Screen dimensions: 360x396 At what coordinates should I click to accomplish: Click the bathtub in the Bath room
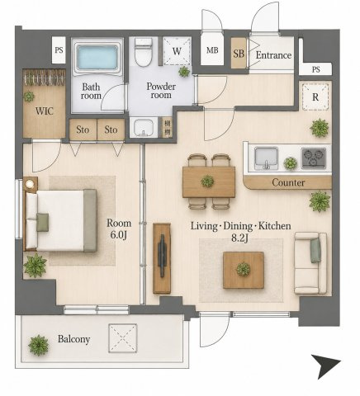(97, 57)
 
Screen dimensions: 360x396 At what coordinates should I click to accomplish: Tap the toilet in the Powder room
(144, 52)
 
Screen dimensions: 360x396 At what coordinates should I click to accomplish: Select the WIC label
(45, 111)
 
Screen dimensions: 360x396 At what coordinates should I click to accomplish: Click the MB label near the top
(212, 50)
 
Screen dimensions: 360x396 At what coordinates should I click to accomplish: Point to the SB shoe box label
(239, 54)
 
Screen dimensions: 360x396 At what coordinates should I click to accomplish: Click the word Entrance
(273, 55)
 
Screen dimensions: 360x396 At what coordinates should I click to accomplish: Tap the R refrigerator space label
(315, 97)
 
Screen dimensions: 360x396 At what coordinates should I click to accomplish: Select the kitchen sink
(266, 158)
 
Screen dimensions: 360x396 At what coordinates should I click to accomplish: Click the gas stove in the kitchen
(314, 158)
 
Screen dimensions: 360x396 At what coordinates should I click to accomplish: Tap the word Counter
(288, 182)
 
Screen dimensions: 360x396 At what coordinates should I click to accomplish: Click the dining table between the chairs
(209, 181)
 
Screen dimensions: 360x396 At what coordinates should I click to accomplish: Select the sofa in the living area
(310, 263)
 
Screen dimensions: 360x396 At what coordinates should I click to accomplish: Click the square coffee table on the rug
(244, 270)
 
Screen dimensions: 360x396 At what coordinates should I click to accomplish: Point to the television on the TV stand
(162, 256)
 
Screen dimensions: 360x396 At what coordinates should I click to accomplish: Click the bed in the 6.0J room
(61, 220)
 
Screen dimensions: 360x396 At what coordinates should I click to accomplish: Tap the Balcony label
(73, 339)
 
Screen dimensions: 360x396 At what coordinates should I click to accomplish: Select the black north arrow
(325, 366)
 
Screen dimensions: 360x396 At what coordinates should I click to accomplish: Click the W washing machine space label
(177, 51)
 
